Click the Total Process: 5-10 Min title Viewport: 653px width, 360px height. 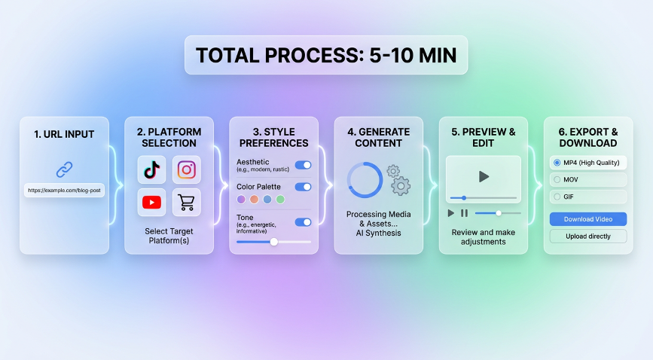[x=325, y=55]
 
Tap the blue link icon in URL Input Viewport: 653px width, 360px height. [x=64, y=169]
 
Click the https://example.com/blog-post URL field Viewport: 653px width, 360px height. [x=64, y=191]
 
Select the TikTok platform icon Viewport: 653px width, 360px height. [x=151, y=169]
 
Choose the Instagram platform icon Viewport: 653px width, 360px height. [x=187, y=169]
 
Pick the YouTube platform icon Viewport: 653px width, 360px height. [x=151, y=202]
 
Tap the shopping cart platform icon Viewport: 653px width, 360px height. [x=187, y=202]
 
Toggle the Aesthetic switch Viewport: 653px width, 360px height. [x=303, y=165]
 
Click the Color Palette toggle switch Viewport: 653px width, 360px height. [x=303, y=187]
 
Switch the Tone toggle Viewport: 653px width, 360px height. [x=303, y=222]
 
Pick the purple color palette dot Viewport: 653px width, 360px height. [x=241, y=200]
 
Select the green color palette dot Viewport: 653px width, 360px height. [x=280, y=200]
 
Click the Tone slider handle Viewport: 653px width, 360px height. [x=273, y=242]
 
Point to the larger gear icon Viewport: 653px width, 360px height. [x=401, y=185]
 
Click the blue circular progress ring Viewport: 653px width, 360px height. [x=365, y=180]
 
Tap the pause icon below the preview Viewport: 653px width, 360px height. [x=464, y=213]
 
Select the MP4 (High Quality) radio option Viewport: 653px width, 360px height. [x=557, y=163]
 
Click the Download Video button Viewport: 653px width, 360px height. [x=587, y=219]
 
